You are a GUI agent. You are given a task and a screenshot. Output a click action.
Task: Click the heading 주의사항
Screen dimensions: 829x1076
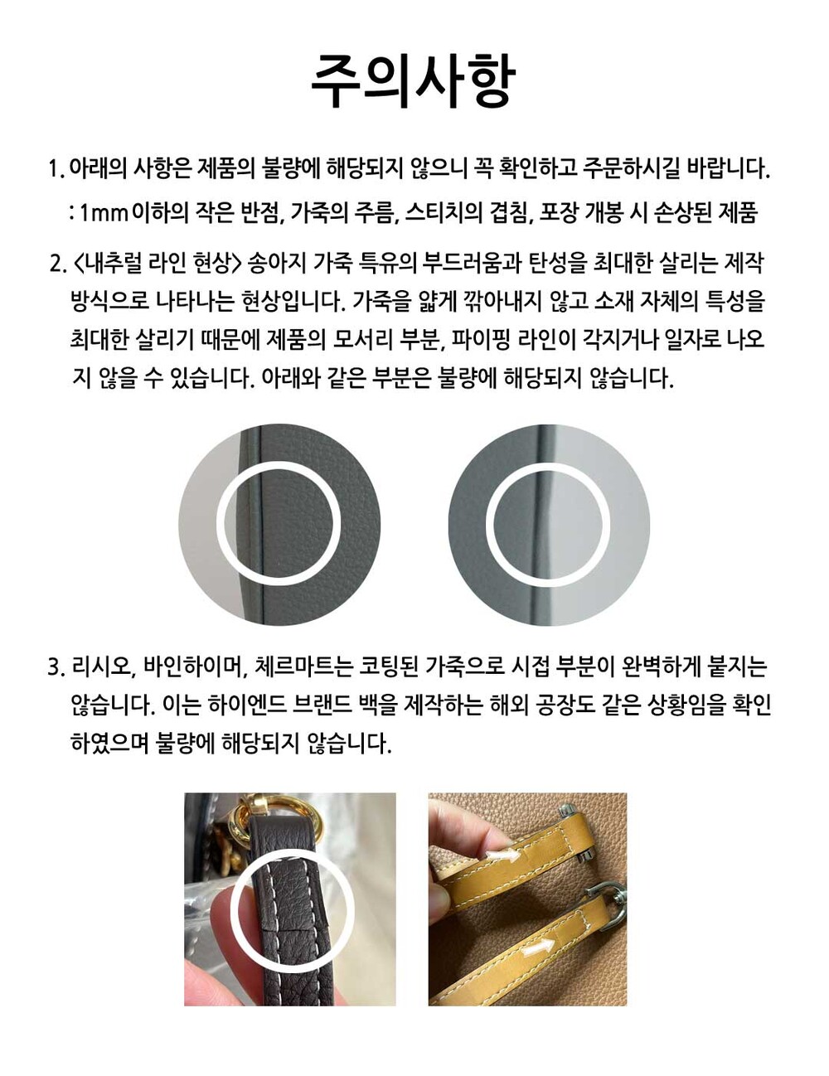414,81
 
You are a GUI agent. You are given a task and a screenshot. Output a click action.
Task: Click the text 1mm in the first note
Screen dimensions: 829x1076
104,214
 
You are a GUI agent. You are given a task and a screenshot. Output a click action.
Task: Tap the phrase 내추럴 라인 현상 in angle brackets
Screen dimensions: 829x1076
157,264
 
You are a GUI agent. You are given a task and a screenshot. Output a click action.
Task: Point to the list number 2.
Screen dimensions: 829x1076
57,264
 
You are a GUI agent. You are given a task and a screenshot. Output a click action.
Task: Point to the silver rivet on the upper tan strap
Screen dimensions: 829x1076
568,812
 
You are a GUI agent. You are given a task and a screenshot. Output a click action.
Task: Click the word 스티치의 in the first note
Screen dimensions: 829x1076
444,213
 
